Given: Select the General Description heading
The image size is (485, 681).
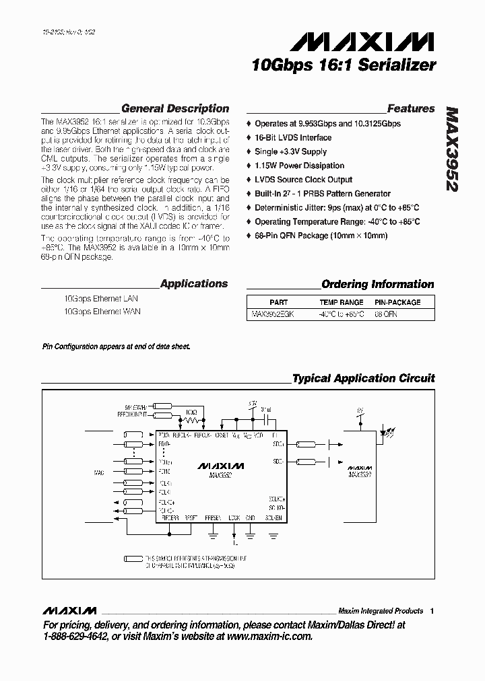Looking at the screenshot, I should (x=174, y=108).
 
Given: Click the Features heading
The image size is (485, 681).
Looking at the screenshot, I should (x=411, y=108).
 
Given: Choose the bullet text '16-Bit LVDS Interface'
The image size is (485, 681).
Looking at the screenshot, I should (x=293, y=137).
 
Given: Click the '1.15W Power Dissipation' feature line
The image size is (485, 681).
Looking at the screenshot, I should (x=299, y=166).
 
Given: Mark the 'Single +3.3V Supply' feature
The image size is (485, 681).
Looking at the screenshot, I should (x=290, y=151).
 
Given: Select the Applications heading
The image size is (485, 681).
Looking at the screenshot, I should (x=194, y=284).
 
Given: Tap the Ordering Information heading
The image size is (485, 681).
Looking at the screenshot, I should (x=377, y=284).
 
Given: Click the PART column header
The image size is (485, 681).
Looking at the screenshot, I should (x=278, y=303).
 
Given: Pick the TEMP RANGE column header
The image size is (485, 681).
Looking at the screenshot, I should (x=342, y=303).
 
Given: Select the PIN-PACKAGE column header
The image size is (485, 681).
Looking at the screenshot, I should (x=397, y=303).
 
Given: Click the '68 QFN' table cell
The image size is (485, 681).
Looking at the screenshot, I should (x=387, y=314).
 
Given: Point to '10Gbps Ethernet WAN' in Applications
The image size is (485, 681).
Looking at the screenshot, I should (x=102, y=312).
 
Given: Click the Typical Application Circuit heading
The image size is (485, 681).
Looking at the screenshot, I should (x=363, y=378).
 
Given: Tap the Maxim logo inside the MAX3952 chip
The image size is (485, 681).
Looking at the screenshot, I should (x=221, y=466).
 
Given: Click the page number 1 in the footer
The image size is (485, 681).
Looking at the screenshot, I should (x=432, y=610).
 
